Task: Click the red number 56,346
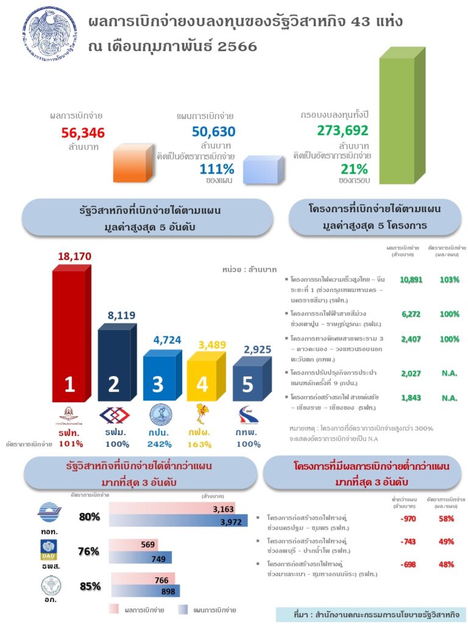coord(83,133)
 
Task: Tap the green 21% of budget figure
coord(354,169)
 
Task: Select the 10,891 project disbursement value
coord(411,280)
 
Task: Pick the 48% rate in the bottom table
coord(446,564)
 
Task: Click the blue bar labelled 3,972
coord(178,521)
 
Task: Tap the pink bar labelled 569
coord(133,544)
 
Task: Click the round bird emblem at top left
coord(50,38)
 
